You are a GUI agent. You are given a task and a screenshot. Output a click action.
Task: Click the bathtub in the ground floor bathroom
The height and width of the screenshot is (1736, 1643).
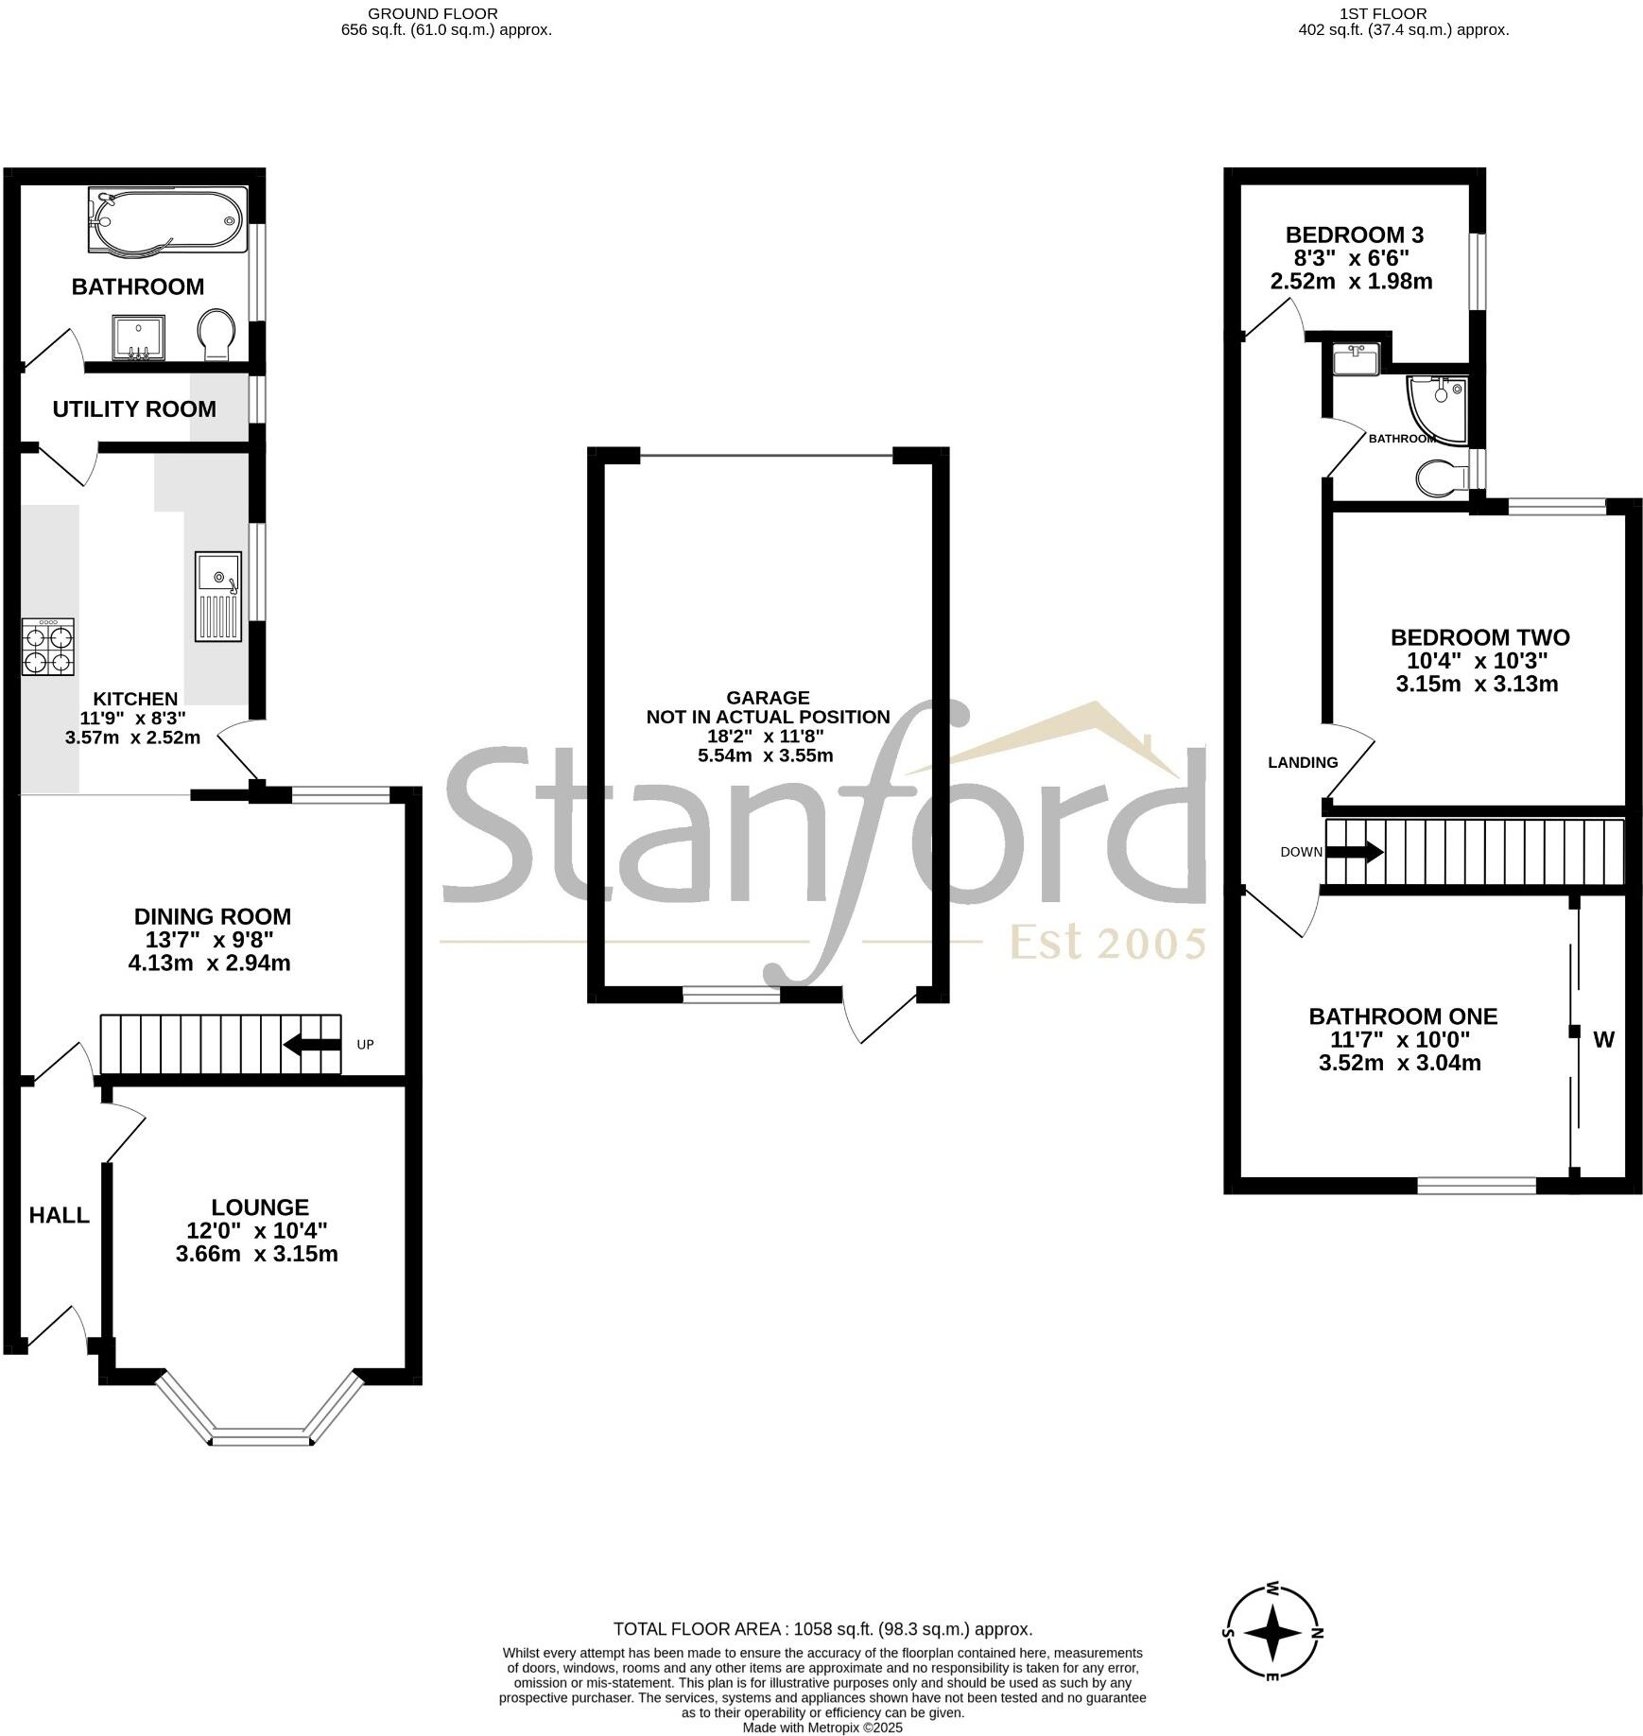click(x=167, y=220)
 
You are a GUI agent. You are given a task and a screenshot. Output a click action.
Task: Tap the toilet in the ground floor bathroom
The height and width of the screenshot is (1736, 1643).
click(x=217, y=334)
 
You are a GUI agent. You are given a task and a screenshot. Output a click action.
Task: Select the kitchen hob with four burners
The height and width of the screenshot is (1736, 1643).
click(x=47, y=647)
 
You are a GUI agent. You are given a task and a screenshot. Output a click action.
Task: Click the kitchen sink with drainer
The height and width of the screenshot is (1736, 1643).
click(x=218, y=597)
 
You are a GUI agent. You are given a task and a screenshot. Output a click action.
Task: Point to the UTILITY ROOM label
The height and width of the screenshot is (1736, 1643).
click(x=134, y=409)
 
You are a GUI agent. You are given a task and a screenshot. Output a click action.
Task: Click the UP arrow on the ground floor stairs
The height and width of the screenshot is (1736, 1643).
click(x=313, y=1045)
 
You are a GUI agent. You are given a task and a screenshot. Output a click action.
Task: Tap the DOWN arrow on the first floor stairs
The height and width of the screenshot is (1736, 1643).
click(x=1355, y=852)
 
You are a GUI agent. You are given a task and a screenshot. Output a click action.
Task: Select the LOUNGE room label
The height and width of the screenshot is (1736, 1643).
click(x=260, y=1207)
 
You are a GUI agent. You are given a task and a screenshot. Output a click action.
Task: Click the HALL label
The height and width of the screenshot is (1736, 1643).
click(x=59, y=1216)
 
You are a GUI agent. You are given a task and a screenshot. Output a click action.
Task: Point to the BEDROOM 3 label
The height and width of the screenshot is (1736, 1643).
click(x=1354, y=234)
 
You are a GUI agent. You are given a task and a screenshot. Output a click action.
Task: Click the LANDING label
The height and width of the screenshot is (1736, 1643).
click(x=1303, y=762)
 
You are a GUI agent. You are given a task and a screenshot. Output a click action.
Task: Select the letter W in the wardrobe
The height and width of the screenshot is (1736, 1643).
click(x=1603, y=1040)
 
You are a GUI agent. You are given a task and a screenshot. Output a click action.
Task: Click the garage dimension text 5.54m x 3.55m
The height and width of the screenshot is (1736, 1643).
click(x=767, y=755)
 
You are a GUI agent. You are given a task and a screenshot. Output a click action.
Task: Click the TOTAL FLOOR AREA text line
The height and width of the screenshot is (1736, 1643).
click(x=822, y=1629)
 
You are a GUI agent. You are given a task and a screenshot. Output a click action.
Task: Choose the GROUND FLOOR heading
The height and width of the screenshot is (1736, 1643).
click(x=432, y=13)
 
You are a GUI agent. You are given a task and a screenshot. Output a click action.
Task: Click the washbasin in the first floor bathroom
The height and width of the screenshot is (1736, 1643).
click(x=1357, y=359)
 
